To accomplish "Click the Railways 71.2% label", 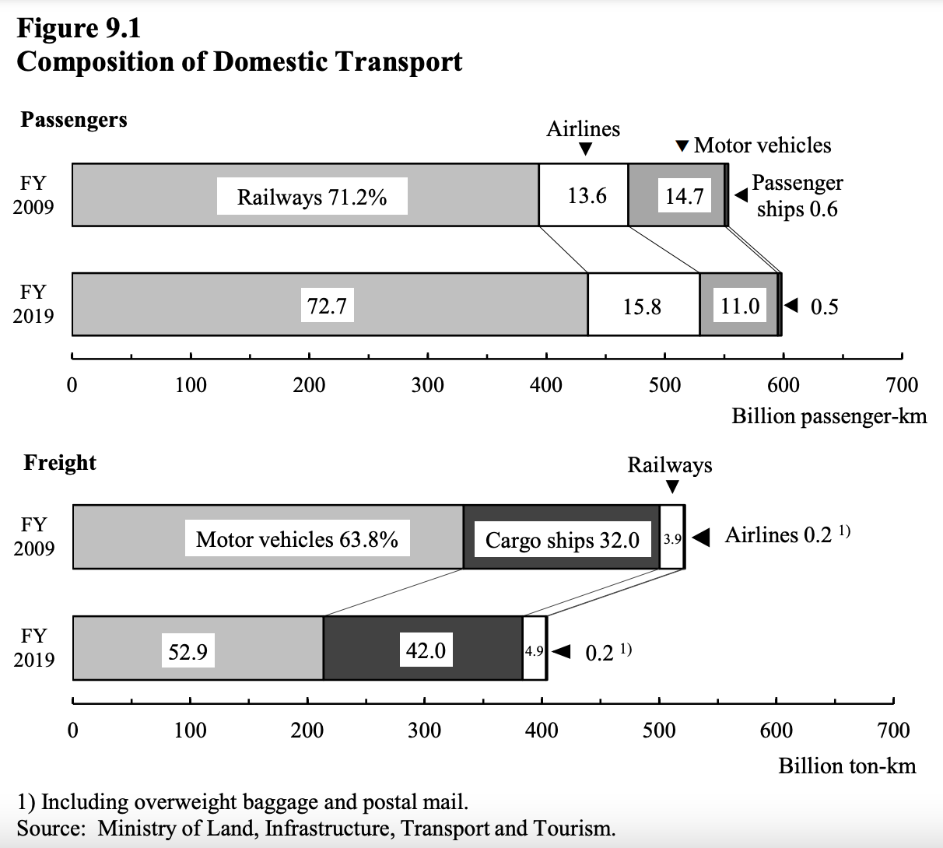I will click(x=312, y=197).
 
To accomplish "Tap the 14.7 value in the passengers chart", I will click(x=684, y=196).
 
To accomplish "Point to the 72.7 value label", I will click(x=327, y=306).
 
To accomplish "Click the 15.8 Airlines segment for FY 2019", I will click(x=642, y=307).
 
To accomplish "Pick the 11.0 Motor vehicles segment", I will click(x=739, y=306).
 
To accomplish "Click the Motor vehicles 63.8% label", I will click(x=296, y=539).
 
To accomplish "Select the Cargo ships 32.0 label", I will click(x=562, y=540).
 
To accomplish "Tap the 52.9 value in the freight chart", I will click(x=188, y=650).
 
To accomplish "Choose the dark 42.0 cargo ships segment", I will click(x=425, y=649).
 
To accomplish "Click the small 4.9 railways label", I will click(x=534, y=651).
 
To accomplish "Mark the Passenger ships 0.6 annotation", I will click(x=797, y=196).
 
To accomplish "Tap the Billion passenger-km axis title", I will click(x=829, y=416).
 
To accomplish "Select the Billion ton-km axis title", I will click(x=847, y=766).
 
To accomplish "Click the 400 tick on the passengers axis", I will click(x=546, y=385).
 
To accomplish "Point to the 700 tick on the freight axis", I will click(x=893, y=730).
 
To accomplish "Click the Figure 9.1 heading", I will click(x=79, y=29).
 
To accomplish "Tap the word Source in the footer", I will click(x=51, y=828).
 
